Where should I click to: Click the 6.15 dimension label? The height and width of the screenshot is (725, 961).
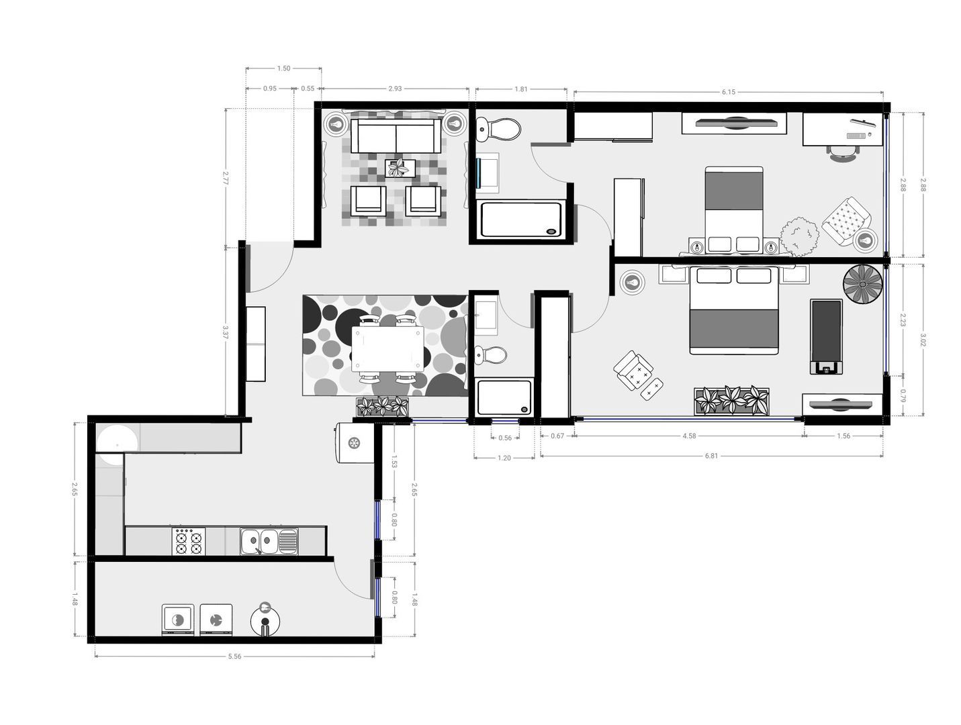click(728, 92)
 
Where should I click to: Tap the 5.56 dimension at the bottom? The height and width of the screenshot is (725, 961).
click(234, 657)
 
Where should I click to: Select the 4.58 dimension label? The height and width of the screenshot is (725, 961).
click(689, 436)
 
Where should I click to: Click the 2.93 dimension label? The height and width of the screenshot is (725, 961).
click(395, 89)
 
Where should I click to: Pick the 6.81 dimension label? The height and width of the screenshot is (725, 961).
click(711, 456)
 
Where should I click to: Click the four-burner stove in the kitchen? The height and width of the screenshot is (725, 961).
click(189, 541)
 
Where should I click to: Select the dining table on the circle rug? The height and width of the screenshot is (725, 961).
click(388, 348)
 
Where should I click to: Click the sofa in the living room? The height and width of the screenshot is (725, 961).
click(396, 136)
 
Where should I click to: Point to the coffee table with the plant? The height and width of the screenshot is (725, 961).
click(400, 168)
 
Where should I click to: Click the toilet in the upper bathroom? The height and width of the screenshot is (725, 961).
click(498, 130)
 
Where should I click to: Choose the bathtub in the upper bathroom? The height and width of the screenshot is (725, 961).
click(521, 220)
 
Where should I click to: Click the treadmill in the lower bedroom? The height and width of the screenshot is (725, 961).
click(826, 336)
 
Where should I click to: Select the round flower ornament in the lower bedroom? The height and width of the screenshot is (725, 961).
click(862, 284)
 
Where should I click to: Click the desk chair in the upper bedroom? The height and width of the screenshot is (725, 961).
click(843, 153)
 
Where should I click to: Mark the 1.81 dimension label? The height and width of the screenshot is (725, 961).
click(520, 89)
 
